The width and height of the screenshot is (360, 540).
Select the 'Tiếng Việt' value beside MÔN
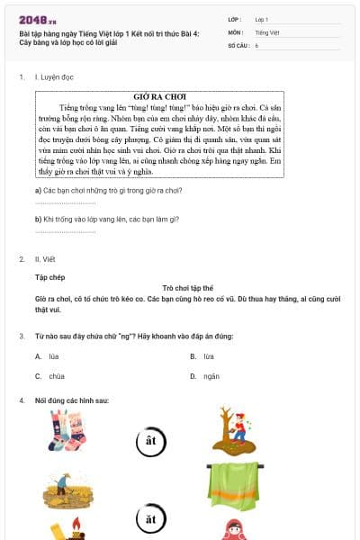[x=267, y=31]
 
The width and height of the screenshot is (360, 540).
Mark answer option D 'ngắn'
[x=211, y=376]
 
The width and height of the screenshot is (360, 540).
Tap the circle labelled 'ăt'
[x=150, y=519]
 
